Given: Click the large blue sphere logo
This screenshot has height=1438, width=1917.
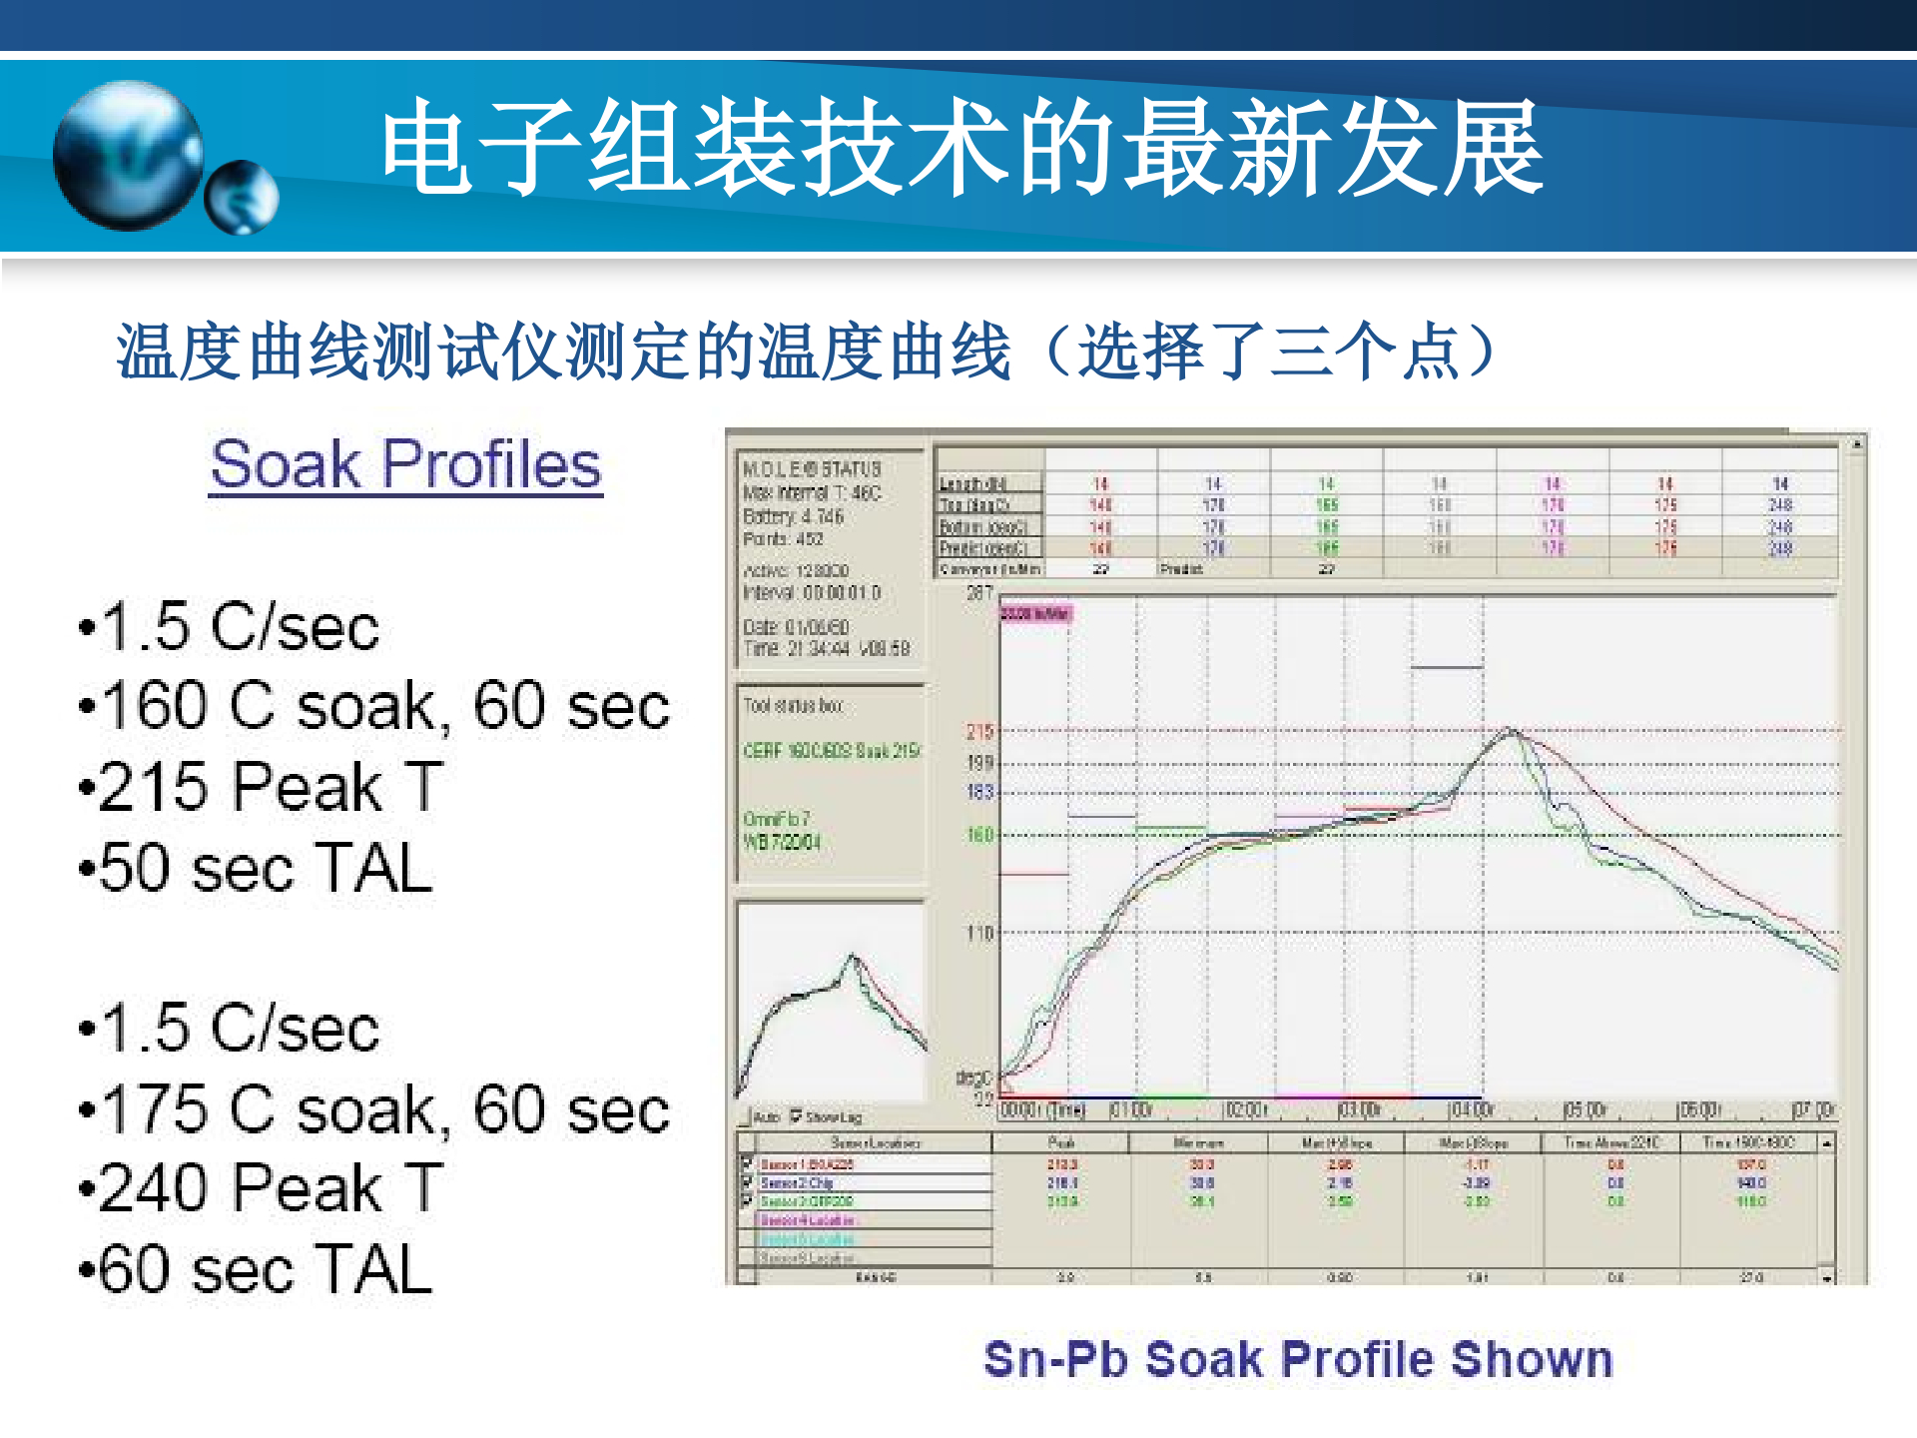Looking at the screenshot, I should tap(128, 155).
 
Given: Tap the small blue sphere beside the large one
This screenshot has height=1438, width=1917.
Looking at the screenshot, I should tap(242, 198).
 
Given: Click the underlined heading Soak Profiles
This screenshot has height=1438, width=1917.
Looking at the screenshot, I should tap(405, 464).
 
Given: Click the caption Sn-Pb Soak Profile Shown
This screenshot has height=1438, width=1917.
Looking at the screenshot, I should tap(1298, 1359).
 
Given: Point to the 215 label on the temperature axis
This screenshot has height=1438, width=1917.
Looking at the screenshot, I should tap(980, 732).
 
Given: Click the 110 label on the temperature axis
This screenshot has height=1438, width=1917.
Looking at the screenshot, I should tap(980, 934).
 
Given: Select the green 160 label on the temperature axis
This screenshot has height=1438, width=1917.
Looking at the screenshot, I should tap(980, 835).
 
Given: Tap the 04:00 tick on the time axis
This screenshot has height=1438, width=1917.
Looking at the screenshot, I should tap(1472, 1110).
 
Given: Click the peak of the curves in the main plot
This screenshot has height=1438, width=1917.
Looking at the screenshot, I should tap(1510, 730).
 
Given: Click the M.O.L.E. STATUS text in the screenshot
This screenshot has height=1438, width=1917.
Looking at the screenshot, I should tap(812, 468).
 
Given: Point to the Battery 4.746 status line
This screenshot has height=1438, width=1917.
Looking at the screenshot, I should tap(794, 516).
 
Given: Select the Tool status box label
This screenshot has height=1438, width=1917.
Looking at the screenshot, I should tap(794, 706).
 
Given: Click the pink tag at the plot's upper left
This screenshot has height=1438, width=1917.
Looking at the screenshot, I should tap(1036, 613).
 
